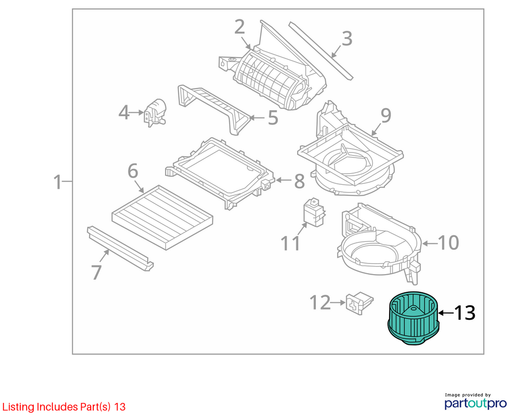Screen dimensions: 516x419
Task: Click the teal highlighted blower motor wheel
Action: click(x=414, y=318)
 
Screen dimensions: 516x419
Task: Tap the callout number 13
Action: click(x=464, y=312)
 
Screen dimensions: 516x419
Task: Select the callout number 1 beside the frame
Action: click(x=57, y=182)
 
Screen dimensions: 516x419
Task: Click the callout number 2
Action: click(x=239, y=27)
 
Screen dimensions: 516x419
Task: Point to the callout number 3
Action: click(x=347, y=38)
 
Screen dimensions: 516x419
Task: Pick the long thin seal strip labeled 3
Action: click(x=321, y=51)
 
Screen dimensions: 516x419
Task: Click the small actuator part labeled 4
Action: click(x=156, y=113)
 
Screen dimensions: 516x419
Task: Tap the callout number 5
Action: click(x=273, y=118)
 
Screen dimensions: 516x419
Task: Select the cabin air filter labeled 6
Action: click(x=162, y=217)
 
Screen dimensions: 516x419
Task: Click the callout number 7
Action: click(x=96, y=272)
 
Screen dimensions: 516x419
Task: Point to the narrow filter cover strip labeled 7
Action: click(x=120, y=248)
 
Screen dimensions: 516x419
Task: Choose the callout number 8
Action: click(x=299, y=181)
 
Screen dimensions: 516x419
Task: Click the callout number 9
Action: click(x=385, y=116)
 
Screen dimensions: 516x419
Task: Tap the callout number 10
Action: click(x=448, y=243)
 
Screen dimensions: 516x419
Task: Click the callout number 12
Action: click(x=320, y=302)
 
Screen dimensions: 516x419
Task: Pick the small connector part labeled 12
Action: click(x=359, y=303)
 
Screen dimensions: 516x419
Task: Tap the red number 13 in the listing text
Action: click(x=120, y=407)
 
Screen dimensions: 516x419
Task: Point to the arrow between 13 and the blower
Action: click(x=446, y=313)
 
